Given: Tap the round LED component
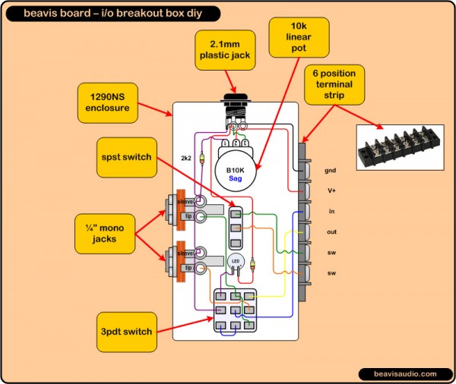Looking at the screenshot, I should pyautogui.click(x=234, y=262).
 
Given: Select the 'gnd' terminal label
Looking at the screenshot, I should pyautogui.click(x=330, y=171).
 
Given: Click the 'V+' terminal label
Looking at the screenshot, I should pyautogui.click(x=330, y=191).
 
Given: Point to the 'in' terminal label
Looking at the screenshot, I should pyautogui.click(x=330, y=211).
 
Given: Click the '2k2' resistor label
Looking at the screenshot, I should pyautogui.click(x=187, y=159).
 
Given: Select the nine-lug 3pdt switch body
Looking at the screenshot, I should pyautogui.click(x=234, y=311).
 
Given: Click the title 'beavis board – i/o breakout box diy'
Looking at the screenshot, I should pyautogui.click(x=111, y=13).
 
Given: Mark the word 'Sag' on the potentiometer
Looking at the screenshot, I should pyautogui.click(x=235, y=178).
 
